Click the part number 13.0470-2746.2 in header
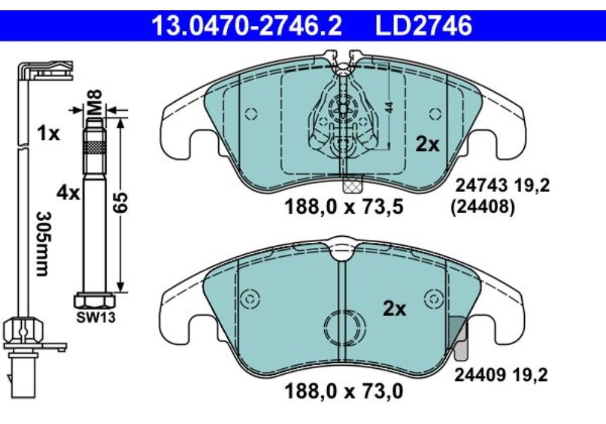[x=247, y=26]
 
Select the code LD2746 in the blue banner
[x=423, y=26]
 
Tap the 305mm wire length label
[x=42, y=243]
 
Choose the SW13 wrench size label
[x=96, y=317]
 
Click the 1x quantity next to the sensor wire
[x=48, y=134]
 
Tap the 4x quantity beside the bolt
[x=68, y=192]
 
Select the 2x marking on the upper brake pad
[x=427, y=144]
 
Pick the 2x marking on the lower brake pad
[x=395, y=309]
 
